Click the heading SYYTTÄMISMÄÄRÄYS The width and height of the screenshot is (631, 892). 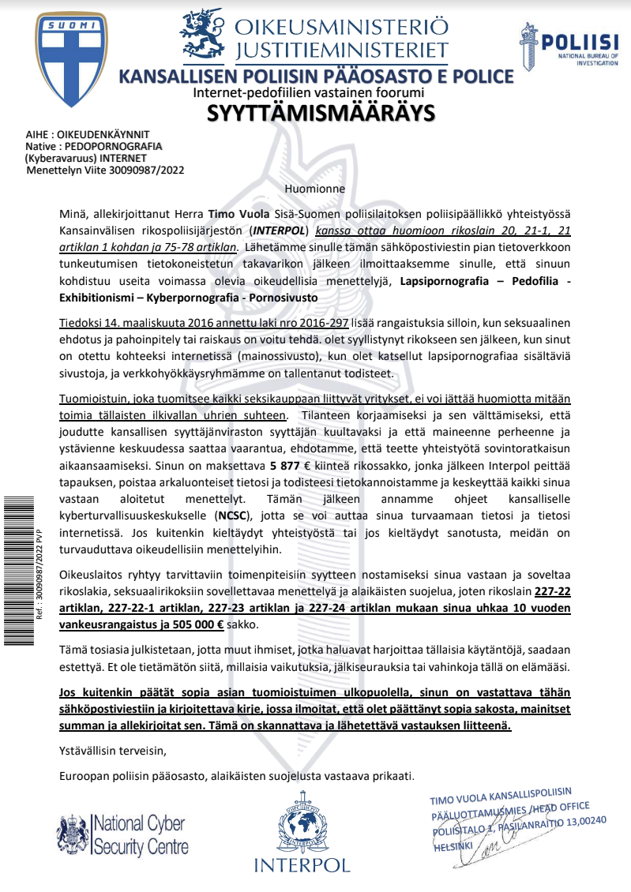[x=321, y=114]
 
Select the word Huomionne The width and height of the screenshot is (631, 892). [x=315, y=189]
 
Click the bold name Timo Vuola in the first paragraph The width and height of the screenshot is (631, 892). [x=233, y=214]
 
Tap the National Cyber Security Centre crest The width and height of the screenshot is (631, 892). [x=72, y=834]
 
